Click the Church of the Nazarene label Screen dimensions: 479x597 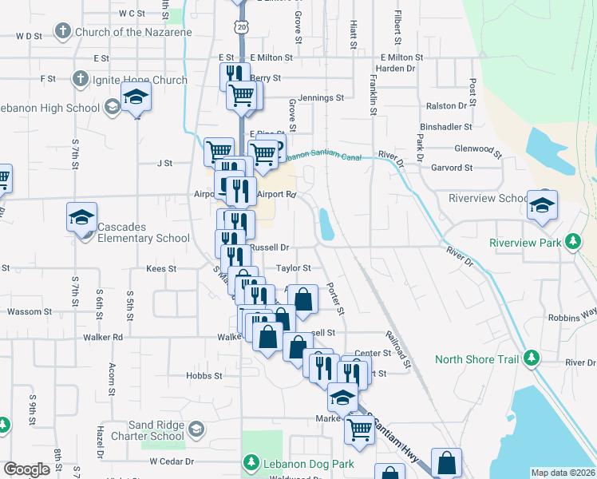133,32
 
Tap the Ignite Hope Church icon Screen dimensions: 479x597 79,79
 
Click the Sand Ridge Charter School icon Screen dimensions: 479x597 196,430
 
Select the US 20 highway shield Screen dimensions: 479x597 240,26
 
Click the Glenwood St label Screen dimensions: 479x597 477,149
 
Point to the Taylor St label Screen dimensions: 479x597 293,269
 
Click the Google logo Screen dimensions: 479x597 26,469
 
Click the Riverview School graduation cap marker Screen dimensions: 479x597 542,207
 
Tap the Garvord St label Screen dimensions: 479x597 452,168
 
